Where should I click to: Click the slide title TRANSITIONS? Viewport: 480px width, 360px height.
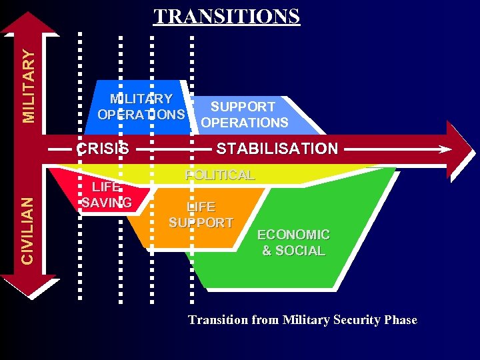pos(227,16)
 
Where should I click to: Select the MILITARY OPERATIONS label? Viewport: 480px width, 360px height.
pos(141,107)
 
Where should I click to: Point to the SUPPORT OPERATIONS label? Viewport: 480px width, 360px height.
pos(244,115)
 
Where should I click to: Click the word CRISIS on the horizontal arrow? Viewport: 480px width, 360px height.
pos(103,149)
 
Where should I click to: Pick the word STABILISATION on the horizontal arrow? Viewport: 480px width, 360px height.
pos(277,149)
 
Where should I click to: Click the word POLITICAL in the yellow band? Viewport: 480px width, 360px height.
pos(220,175)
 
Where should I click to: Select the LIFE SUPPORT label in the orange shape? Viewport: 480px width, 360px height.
pos(201,215)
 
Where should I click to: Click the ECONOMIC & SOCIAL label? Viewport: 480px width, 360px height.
pos(293,243)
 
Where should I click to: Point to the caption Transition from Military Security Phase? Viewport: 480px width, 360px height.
pos(302,320)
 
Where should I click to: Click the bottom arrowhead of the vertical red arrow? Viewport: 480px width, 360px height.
pos(28,285)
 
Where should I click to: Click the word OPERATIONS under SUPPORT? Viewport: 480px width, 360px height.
pos(244,123)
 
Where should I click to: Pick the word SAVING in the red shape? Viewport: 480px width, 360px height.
pos(107,203)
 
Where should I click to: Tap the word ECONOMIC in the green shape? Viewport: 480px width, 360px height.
pos(293,235)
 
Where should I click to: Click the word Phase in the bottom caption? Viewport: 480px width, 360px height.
pos(401,320)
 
